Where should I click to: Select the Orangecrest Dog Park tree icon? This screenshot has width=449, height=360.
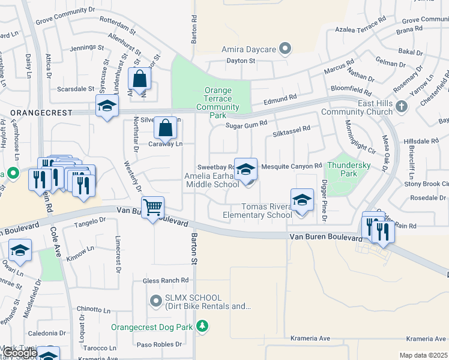(x=203, y=326)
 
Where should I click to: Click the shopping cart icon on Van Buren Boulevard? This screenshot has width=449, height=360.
(x=154, y=208)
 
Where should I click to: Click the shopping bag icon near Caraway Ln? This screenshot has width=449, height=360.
(x=165, y=127)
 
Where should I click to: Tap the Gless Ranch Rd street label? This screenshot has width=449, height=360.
(x=166, y=280)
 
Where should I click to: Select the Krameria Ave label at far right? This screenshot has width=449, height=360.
(x=427, y=338)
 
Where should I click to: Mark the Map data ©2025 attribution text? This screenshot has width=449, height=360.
(x=423, y=355)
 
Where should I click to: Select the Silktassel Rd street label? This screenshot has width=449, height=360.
(x=291, y=128)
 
